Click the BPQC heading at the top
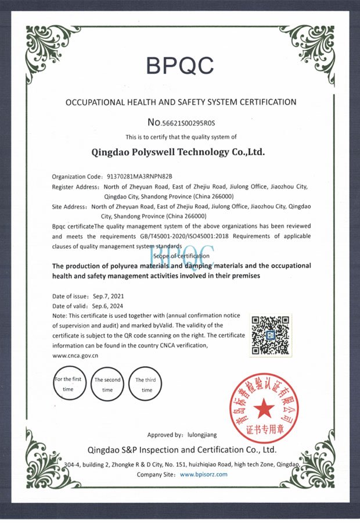pyautogui.click(x=180, y=65)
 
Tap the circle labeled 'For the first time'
pyautogui.click(x=69, y=384)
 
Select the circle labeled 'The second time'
pyautogui.click(x=107, y=384)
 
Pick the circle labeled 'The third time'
pyautogui.click(x=146, y=384)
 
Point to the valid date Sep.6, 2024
pyautogui.click(x=107, y=306)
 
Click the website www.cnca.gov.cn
pyautogui.click(x=75, y=354)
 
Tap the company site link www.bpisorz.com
pyautogui.click(x=204, y=474)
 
